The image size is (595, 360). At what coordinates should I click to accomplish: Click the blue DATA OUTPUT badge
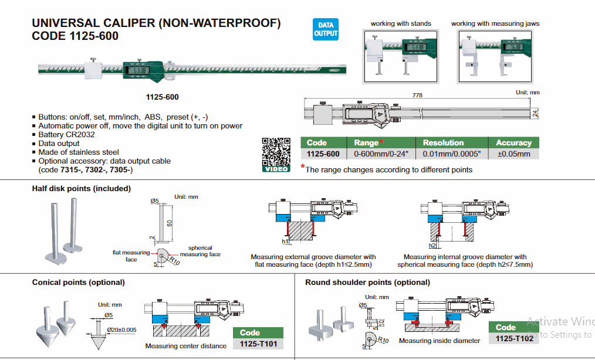[x=326, y=29]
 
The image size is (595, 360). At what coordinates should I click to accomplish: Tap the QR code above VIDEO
[x=275, y=151]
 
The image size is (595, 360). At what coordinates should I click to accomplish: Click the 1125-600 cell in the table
[x=323, y=154]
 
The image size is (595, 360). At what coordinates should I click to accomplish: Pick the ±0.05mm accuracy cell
[x=513, y=154]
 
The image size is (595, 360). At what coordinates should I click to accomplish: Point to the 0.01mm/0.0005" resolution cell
[x=443, y=154]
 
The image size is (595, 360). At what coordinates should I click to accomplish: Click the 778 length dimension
[x=417, y=95]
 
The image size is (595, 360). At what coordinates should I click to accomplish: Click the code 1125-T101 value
[x=258, y=344]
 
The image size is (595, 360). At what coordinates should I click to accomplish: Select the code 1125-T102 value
[x=514, y=339]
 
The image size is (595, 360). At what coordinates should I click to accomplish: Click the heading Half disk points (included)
[x=82, y=189]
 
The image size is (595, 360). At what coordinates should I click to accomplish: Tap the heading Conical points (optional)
[x=78, y=283]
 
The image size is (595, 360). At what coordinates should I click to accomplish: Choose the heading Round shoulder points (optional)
[x=367, y=283]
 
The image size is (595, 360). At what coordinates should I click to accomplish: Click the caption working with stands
[x=401, y=24]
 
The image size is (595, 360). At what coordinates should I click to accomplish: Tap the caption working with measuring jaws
[x=495, y=24]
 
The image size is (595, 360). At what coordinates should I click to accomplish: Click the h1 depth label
[x=285, y=241]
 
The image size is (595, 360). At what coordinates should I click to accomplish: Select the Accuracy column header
[x=513, y=142]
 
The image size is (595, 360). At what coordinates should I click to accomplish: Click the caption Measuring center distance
[x=185, y=346]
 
